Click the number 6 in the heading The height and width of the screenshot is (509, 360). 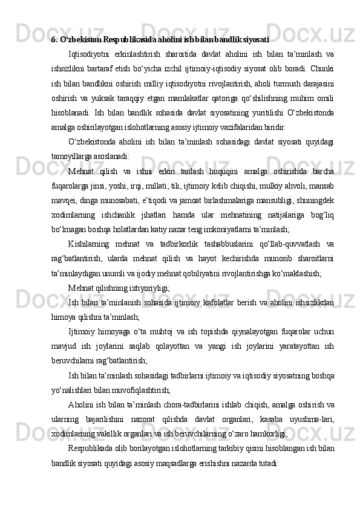53,41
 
